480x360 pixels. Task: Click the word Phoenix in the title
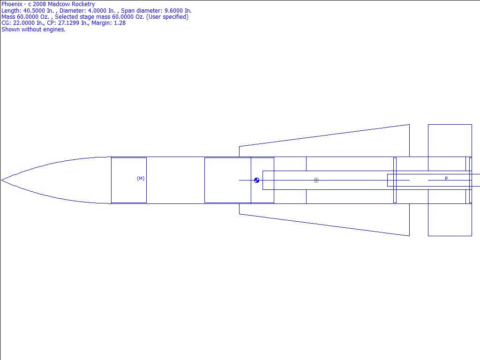tap(12, 4)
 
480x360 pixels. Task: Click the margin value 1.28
tap(120, 23)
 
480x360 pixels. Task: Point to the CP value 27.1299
tap(68, 23)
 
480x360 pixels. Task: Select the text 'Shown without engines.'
tap(33, 30)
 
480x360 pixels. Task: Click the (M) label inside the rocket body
tap(141, 179)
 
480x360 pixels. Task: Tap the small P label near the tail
tap(446, 178)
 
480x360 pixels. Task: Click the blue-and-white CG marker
tap(257, 180)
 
